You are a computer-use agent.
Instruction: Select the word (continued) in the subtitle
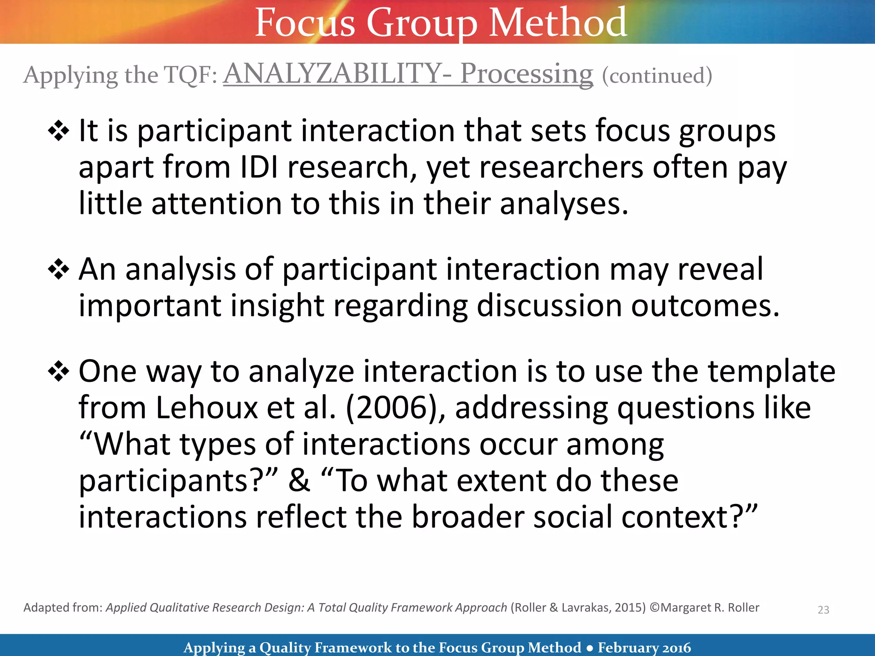(x=657, y=76)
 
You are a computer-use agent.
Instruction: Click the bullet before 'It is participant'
(x=59, y=131)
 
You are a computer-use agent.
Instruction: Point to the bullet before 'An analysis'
(x=59, y=270)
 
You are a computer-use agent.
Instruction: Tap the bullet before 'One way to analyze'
(x=59, y=372)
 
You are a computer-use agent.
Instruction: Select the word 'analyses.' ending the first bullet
(x=564, y=204)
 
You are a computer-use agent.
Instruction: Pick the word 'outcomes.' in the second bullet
(x=705, y=306)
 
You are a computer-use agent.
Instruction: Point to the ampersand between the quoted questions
(x=299, y=480)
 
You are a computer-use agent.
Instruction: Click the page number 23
(x=823, y=610)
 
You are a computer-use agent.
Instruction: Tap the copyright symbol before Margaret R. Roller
(x=655, y=608)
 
